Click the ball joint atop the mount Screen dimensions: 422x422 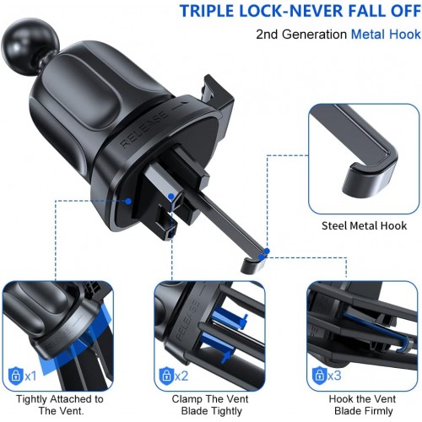[30, 45]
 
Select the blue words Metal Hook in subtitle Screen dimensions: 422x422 [386, 35]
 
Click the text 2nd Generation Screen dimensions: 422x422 [301, 35]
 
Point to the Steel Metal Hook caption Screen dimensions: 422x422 [364, 226]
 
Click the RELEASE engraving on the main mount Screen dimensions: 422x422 [143, 129]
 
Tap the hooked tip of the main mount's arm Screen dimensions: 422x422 [252, 264]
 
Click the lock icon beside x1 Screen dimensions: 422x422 [16, 376]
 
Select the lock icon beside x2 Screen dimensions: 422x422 [167, 376]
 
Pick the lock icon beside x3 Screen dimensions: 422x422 [320, 376]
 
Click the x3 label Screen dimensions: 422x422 [335, 376]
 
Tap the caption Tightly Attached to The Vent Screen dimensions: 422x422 [60, 405]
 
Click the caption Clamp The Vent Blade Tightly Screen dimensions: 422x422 [211, 405]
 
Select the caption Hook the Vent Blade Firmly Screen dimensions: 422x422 [363, 405]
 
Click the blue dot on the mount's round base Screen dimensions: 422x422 [128, 201]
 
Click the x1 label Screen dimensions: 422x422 [30, 376]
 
